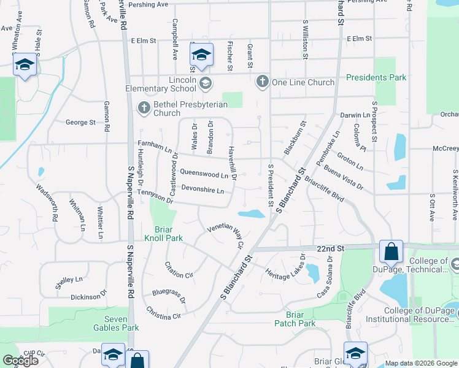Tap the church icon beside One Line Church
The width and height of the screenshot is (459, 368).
pyautogui.click(x=262, y=82)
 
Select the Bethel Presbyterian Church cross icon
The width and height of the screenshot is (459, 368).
pyautogui.click(x=144, y=108)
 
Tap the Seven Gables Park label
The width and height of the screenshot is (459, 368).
pyautogui.click(x=107, y=323)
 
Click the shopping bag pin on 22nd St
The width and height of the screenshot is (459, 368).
pyautogui.click(x=391, y=251)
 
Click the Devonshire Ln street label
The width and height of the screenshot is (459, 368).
pyautogui.click(x=202, y=190)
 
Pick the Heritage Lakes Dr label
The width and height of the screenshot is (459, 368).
pyautogui.click(x=285, y=265)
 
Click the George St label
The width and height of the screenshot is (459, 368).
pyautogui.click(x=80, y=122)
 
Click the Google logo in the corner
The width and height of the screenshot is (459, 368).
pyautogui.click(x=20, y=361)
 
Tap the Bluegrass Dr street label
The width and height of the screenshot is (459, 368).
pyautogui.click(x=169, y=296)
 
